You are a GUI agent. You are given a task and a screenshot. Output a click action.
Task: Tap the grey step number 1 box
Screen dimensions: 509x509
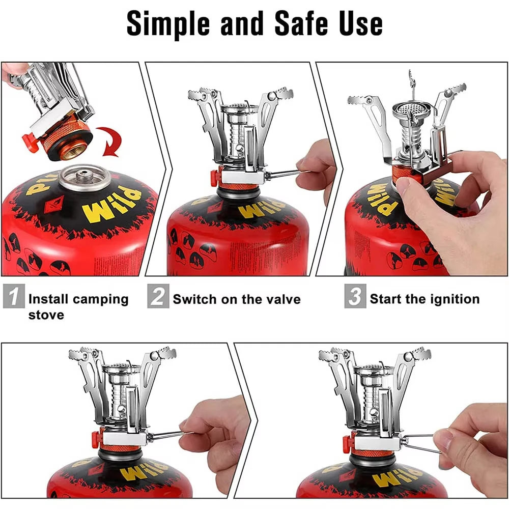(13, 297)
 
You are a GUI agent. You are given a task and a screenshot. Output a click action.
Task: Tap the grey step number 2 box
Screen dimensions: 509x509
(158, 297)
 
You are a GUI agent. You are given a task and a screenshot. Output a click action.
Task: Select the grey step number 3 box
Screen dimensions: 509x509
(355, 297)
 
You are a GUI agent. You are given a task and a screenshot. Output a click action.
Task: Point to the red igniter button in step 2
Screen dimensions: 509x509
(214, 177)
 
